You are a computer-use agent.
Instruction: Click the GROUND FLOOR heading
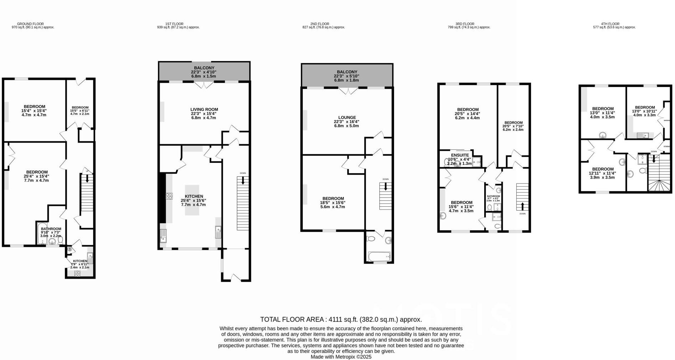click(30, 24)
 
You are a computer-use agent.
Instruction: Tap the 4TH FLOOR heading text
click(610, 24)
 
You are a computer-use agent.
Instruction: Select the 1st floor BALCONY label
click(204, 68)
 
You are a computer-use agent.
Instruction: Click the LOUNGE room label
click(347, 118)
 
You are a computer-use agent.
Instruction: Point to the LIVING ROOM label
click(204, 109)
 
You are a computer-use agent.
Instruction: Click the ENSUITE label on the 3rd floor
click(460, 155)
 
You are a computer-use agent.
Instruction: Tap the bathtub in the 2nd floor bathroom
click(379, 256)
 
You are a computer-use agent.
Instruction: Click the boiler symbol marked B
click(70, 249)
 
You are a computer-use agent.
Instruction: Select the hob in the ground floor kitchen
click(77, 274)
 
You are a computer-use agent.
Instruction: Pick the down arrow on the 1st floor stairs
click(243, 180)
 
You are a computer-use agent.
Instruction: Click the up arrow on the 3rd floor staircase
click(522, 206)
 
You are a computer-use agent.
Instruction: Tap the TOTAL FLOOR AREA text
click(341, 319)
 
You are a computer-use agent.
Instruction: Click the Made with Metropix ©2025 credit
click(341, 357)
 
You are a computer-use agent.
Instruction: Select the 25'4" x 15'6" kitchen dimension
click(193, 201)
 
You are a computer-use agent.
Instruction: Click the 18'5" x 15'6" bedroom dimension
click(332, 203)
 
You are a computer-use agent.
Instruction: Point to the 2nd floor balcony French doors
click(348, 91)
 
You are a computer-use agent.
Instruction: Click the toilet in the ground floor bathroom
click(60, 241)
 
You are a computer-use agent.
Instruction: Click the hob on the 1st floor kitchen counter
click(169, 196)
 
